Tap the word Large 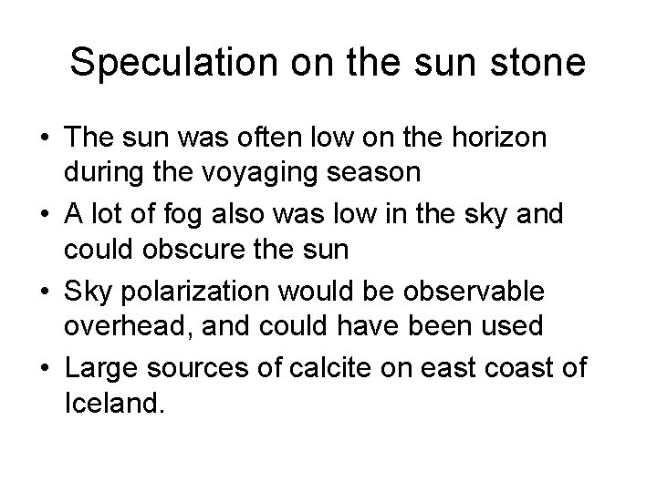click(96, 367)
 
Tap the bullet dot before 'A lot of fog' click(45, 214)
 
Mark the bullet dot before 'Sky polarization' click(45, 292)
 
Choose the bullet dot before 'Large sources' click(45, 368)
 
